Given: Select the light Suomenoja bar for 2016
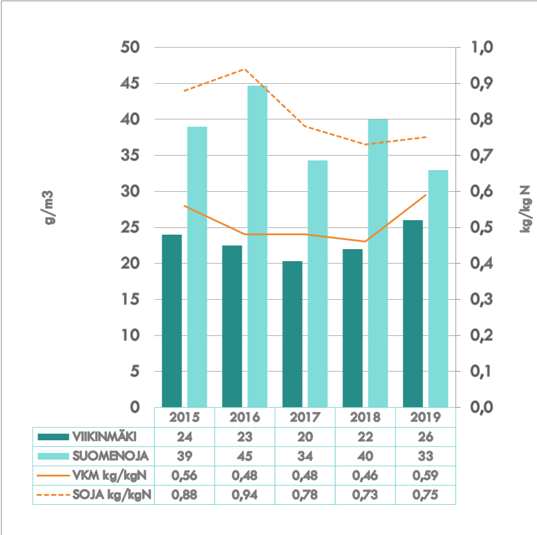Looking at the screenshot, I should click(x=257, y=247).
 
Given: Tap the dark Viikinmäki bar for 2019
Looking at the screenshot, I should click(x=413, y=314).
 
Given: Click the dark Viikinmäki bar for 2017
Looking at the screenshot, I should click(x=292, y=334).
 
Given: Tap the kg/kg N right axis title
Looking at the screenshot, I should click(x=525, y=209).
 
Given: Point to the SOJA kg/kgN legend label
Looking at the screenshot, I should click(x=111, y=495).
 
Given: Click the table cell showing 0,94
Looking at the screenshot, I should click(x=244, y=495).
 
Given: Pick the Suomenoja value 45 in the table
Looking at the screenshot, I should click(x=244, y=456).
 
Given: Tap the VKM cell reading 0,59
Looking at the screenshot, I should click(x=425, y=476).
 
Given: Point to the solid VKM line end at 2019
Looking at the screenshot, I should click(x=426, y=195).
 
